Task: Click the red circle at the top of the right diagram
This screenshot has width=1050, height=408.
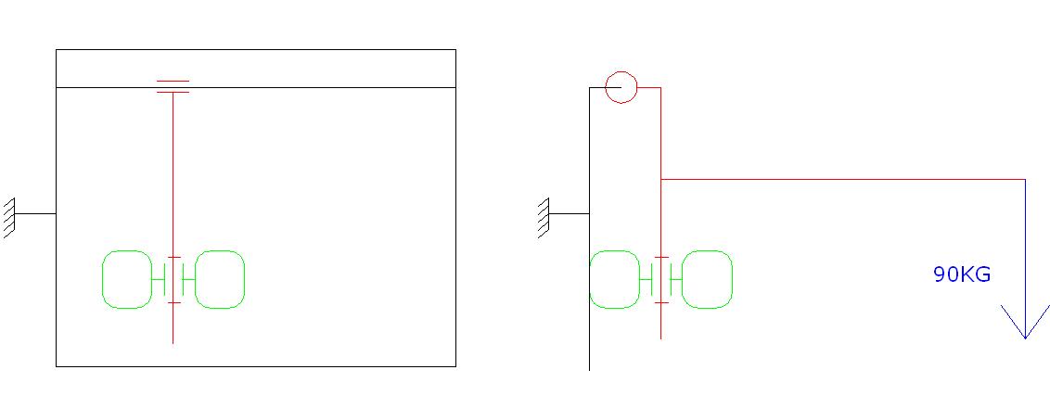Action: [x=621, y=88]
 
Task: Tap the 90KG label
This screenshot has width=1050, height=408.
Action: [x=962, y=274]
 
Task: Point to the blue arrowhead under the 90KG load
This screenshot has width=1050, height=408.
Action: [x=1025, y=325]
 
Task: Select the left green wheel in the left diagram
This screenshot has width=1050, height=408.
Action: [x=126, y=279]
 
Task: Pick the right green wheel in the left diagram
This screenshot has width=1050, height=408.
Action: [x=220, y=279]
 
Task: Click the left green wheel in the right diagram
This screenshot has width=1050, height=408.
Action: [x=614, y=279]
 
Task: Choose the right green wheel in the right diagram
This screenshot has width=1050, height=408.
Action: [x=708, y=279]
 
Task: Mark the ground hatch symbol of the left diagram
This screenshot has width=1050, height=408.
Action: [x=10, y=218]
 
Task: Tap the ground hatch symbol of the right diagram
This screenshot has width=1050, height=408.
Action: [x=544, y=218]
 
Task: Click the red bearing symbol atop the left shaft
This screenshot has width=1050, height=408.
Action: [x=173, y=87]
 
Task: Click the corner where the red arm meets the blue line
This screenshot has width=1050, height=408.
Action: [x=1025, y=179]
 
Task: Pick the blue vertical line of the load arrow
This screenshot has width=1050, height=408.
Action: [x=1025, y=250]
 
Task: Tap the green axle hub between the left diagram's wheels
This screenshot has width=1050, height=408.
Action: [x=173, y=279]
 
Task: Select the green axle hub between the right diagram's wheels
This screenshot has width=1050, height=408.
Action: [x=661, y=279]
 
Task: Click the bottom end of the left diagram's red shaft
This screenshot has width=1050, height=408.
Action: [x=173, y=342]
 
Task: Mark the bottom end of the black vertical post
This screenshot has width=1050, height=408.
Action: [x=590, y=369]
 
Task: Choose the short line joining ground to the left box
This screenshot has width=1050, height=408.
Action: [x=36, y=213]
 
